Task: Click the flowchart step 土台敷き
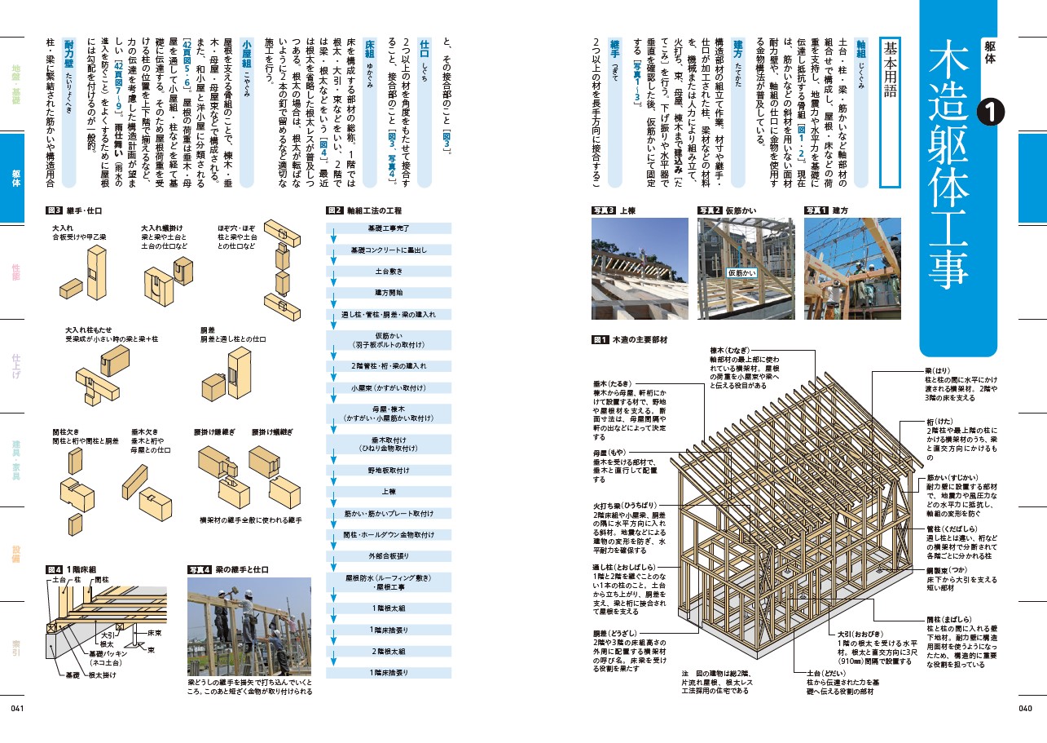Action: coord(389,271)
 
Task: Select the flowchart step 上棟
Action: coord(389,492)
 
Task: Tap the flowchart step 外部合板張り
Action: coord(389,556)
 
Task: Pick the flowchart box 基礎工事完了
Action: coord(389,228)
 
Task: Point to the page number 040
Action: coord(1025,709)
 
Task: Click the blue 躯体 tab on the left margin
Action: coord(16,178)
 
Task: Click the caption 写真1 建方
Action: coord(826,210)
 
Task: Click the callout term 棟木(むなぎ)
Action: coord(732,349)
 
